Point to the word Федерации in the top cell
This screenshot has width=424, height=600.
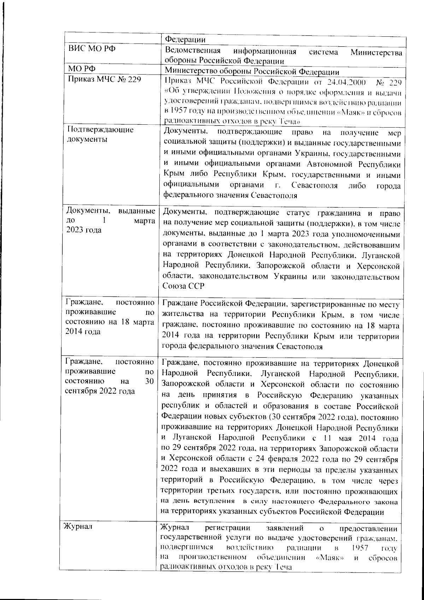pyautogui.click(x=185, y=39)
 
